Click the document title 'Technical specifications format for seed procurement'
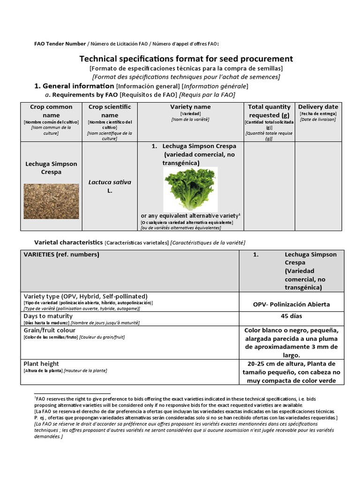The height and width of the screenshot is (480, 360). [x=186, y=59]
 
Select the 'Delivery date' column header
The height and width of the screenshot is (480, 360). [x=318, y=107]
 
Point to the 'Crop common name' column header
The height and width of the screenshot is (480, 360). [x=51, y=111]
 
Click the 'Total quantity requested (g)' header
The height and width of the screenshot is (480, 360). [x=269, y=111]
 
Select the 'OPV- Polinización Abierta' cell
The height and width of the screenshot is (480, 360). [x=291, y=304]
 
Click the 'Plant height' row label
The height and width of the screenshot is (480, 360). [x=41, y=364]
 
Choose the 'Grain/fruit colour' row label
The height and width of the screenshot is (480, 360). [x=49, y=330]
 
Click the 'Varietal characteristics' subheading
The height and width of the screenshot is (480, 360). [x=68, y=242]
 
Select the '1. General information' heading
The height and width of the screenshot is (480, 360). [x=75, y=86]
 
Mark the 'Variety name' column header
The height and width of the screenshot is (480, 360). [x=190, y=107]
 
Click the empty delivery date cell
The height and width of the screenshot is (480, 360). [x=318, y=186]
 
